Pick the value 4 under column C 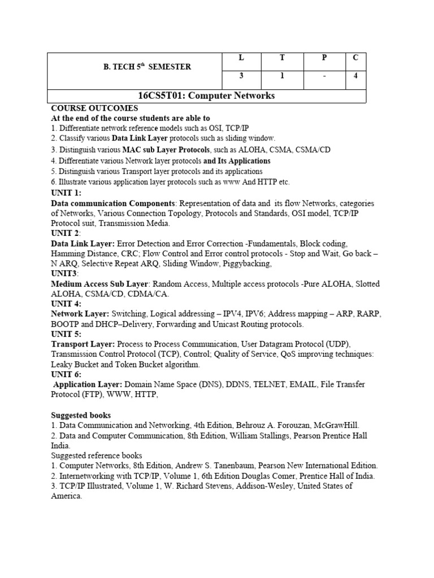pyautogui.click(x=355, y=77)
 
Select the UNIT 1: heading pyautogui.click(x=66, y=192)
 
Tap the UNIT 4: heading pyautogui.click(x=66, y=304)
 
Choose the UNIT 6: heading pyautogui.click(x=66, y=375)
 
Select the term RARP pyautogui.click(x=365, y=314)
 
